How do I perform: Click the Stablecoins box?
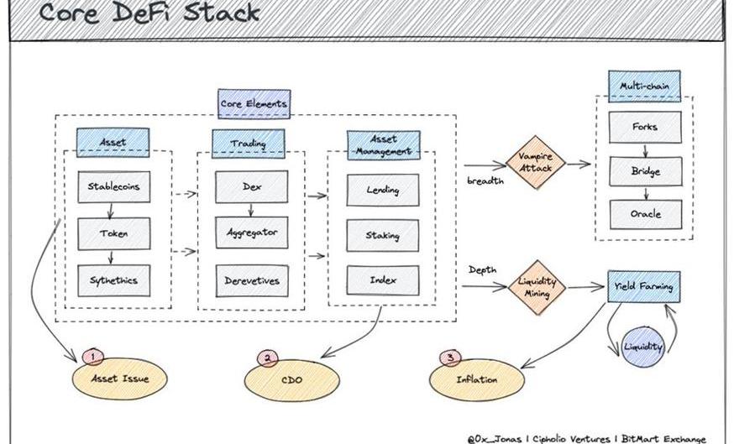pyautogui.click(x=113, y=187)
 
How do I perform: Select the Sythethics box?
pyautogui.click(x=113, y=279)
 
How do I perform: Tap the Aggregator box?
pyautogui.click(x=252, y=232)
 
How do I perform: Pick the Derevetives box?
pyautogui.click(x=252, y=280)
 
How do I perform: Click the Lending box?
pyautogui.click(x=382, y=190)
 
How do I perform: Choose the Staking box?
pyautogui.click(x=382, y=235)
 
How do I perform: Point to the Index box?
pyautogui.click(x=382, y=279)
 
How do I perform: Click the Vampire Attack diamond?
pyautogui.click(x=536, y=163)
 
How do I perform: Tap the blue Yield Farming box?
pyautogui.click(x=644, y=287)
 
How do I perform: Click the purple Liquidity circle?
pyautogui.click(x=643, y=346)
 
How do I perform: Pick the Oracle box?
pyautogui.click(x=645, y=214)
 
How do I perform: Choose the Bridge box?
pyautogui.click(x=645, y=171)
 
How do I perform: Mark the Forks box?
pyautogui.click(x=645, y=128)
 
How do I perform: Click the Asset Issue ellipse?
pyautogui.click(x=120, y=378)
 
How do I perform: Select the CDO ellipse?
pyautogui.click(x=291, y=379)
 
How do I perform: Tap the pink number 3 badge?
pyautogui.click(x=451, y=358)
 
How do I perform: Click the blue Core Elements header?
pyautogui.click(x=254, y=103)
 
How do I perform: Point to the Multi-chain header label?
pyautogui.click(x=644, y=86)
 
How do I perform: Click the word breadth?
pyautogui.click(x=485, y=181)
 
